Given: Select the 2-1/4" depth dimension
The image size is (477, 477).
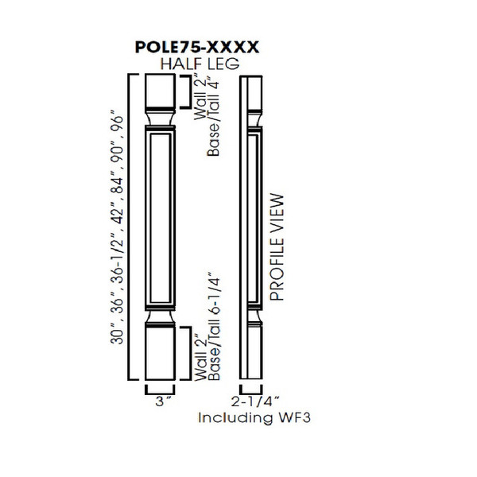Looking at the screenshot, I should pos(257,401).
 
